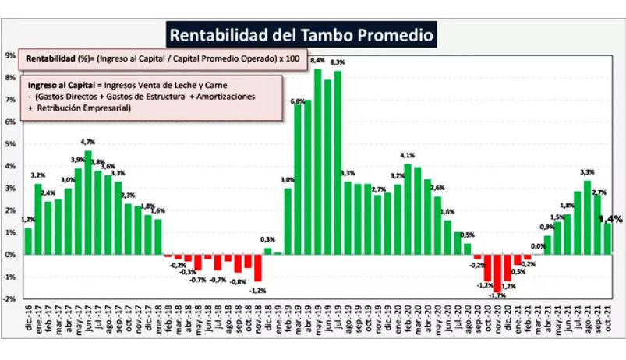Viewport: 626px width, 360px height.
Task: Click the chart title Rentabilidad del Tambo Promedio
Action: pos(299,36)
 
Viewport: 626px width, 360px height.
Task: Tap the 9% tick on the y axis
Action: pos(10,55)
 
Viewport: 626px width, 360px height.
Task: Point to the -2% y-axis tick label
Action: pos(10,298)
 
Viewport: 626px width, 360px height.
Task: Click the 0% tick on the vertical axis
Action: pos(10,254)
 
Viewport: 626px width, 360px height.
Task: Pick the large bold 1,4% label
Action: pos(610,220)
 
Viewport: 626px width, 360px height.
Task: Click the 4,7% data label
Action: pos(88,142)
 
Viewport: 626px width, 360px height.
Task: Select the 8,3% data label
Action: pos(338,62)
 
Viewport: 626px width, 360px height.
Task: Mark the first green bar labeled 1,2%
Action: pos(29,241)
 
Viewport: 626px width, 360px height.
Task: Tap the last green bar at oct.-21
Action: pos(607,238)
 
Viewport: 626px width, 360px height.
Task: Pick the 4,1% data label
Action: pos(408,156)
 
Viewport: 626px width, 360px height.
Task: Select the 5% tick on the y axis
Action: pos(10,144)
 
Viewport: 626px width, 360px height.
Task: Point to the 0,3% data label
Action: pos(267,239)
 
